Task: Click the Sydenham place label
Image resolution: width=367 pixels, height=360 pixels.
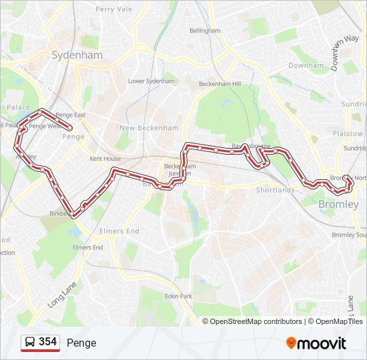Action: tap(77, 55)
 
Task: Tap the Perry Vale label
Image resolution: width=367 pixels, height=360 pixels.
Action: tap(114, 9)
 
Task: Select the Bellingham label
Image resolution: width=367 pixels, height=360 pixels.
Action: tap(205, 31)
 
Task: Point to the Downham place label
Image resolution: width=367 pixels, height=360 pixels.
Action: tap(306, 66)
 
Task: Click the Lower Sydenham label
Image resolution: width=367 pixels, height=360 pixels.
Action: tap(151, 81)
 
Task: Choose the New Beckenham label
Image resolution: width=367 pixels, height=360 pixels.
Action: tap(149, 127)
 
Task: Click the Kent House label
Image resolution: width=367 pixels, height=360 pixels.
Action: tap(105, 159)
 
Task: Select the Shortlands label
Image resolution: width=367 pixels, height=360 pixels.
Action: tap(276, 190)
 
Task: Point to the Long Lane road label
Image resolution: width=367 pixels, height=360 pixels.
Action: tap(59, 294)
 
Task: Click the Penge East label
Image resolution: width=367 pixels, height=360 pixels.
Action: tap(71, 115)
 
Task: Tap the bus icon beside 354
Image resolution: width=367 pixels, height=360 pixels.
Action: tap(30, 343)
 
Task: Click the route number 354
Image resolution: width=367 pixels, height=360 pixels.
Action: tap(48, 342)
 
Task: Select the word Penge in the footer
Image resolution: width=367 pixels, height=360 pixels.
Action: tap(81, 343)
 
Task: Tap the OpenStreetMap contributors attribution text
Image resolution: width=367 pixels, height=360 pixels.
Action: tap(252, 321)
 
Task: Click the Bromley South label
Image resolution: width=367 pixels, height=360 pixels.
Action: tap(349, 235)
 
